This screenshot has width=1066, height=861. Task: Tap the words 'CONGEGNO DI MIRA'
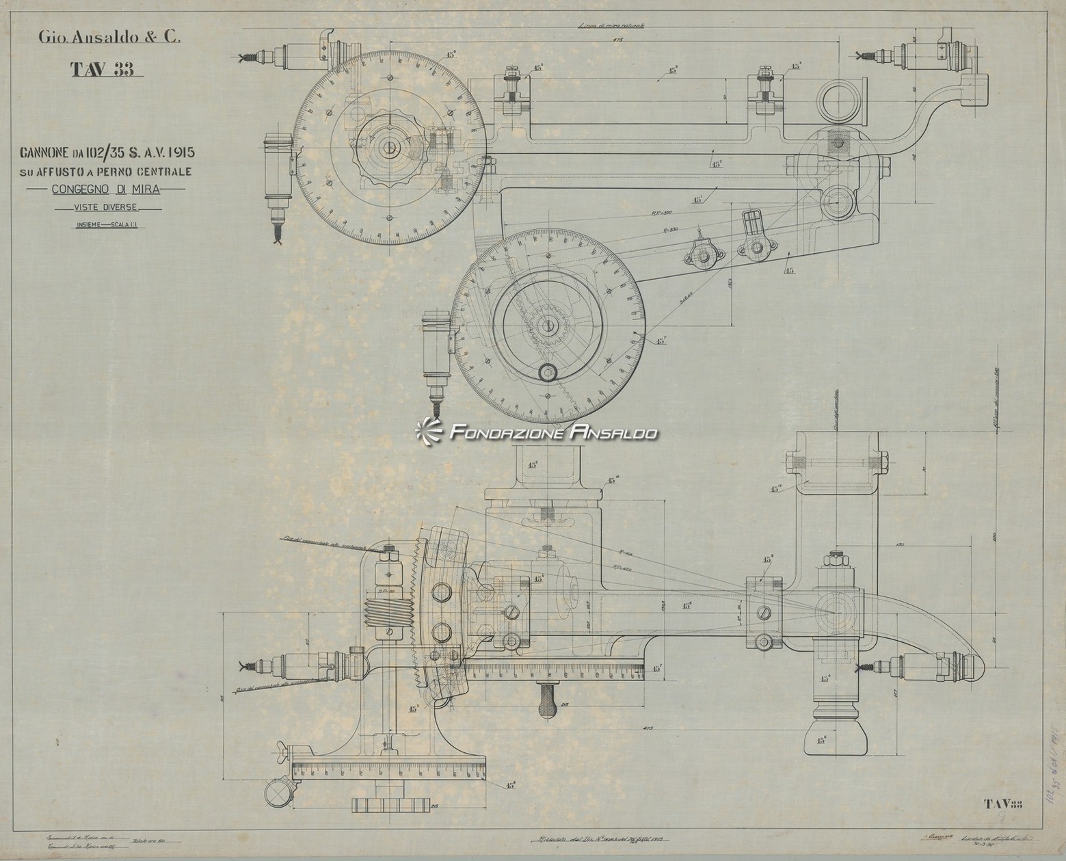[x=105, y=189]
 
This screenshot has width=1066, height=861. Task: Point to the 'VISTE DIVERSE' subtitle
[x=107, y=207]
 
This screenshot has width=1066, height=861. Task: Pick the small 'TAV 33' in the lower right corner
[x=1002, y=804]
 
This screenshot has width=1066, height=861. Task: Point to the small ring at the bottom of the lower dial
[x=548, y=373]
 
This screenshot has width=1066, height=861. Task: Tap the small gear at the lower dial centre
[x=549, y=327]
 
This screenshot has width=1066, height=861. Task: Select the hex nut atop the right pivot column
[x=837, y=561]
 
